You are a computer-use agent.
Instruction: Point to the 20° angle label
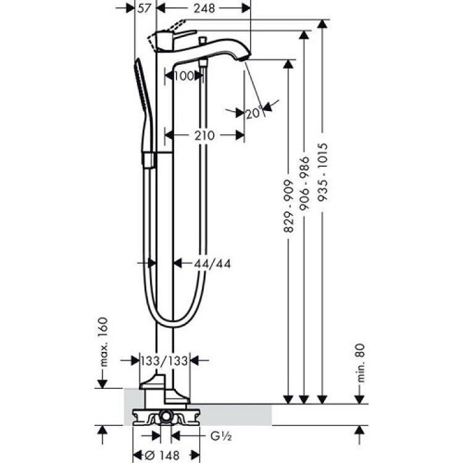[254, 113]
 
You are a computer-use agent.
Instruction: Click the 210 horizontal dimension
[204, 135]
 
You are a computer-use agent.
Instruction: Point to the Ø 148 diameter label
[164, 455]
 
